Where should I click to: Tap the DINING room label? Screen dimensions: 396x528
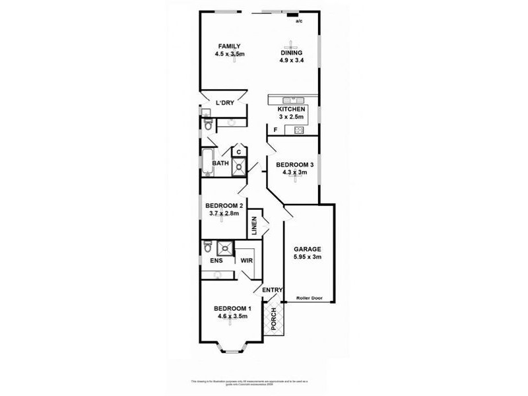291,52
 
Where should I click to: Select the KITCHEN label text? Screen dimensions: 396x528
291,109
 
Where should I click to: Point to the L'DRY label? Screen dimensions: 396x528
225,102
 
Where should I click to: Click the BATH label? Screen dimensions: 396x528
220,162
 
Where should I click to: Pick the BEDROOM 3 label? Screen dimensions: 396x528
291,164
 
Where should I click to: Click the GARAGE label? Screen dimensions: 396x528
308,249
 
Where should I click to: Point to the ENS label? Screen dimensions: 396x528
216,261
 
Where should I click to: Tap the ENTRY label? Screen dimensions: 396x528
273,290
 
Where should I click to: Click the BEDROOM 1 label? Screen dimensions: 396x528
232,308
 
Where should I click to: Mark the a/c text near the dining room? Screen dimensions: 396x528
299,21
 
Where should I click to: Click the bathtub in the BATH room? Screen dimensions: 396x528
207,163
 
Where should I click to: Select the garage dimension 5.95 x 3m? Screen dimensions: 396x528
308,257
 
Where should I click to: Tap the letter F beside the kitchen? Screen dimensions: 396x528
275,129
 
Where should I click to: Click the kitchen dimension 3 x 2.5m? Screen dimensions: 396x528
291,117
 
